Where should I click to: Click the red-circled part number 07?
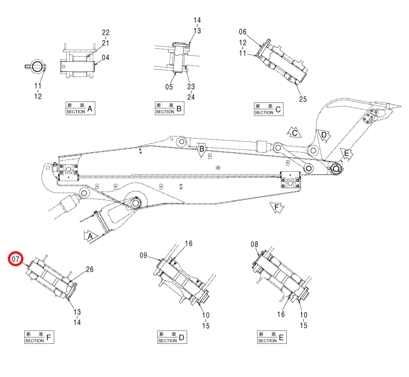16,259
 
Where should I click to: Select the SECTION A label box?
80,108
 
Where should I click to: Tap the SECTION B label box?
170,108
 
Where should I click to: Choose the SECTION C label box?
269,109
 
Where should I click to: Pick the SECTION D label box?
172,337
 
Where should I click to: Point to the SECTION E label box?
272,337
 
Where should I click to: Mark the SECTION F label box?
39,337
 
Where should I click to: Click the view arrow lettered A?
90,236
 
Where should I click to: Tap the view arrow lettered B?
201,150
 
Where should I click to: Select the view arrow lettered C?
294,133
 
